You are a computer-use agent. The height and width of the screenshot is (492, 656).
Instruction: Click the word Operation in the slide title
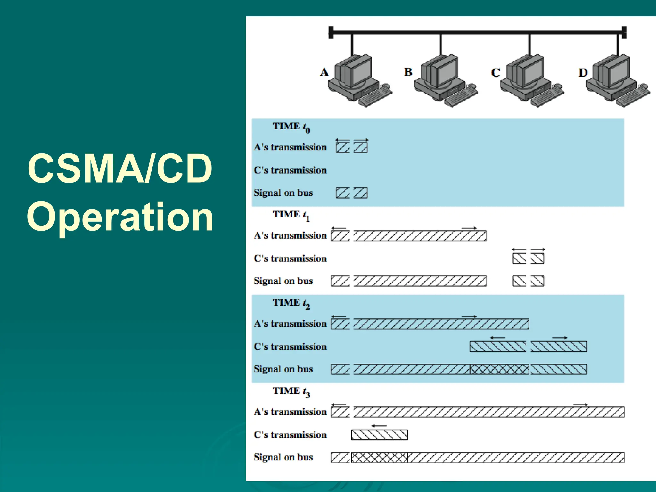(120, 217)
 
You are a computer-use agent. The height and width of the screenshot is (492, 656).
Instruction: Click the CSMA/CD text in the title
(120, 169)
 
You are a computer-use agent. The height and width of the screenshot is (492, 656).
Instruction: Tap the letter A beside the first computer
(324, 72)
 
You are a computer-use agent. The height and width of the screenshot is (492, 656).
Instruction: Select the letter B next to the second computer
(408, 72)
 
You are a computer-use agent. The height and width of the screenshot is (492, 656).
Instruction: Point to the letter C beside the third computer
(496, 73)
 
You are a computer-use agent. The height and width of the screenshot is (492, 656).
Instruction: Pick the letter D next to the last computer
(583, 73)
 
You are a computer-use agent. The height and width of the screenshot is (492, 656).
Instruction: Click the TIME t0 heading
(291, 127)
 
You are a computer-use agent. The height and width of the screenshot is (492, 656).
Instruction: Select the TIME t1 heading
(291, 215)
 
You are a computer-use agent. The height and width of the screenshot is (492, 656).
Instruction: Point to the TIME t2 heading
(291, 303)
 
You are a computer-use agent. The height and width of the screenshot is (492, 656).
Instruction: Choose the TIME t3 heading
(291, 391)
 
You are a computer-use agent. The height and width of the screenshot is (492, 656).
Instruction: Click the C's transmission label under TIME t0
(290, 170)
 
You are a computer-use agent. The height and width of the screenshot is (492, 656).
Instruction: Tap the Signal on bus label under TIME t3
(283, 457)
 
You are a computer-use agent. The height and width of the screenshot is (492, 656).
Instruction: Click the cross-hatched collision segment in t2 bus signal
(499, 369)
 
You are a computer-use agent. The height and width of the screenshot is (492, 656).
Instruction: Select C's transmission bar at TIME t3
(379, 435)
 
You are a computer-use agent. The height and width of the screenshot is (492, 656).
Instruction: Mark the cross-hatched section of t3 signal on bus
(379, 457)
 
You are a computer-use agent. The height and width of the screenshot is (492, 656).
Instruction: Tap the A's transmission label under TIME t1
(290, 235)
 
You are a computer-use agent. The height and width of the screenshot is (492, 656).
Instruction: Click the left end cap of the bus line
(331, 32)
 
